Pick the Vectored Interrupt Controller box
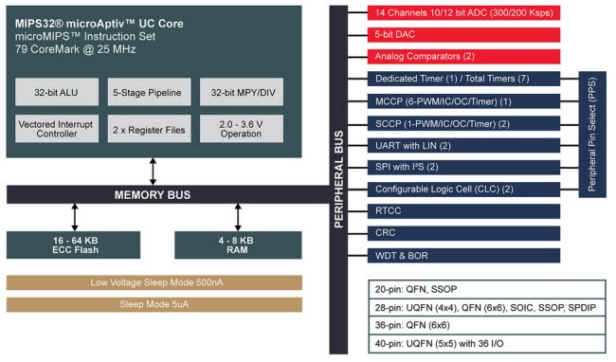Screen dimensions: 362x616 [x=54, y=128]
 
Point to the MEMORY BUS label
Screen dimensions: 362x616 [x=153, y=194]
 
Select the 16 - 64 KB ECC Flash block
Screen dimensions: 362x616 [x=75, y=245]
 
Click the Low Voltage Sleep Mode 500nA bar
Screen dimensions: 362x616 [x=154, y=282]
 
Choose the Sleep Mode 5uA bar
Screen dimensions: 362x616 [x=154, y=304]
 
